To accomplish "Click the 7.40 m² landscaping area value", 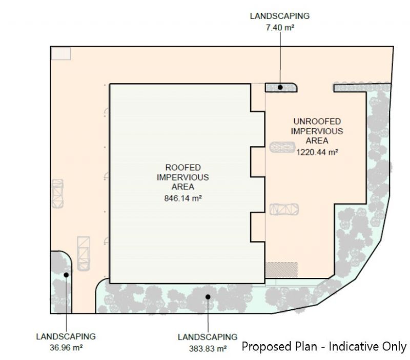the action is pyautogui.click(x=280, y=28).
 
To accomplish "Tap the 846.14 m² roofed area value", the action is pyautogui.click(x=183, y=198).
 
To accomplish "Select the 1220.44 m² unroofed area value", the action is pyautogui.click(x=317, y=152).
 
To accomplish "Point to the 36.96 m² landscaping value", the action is pyautogui.click(x=66, y=348).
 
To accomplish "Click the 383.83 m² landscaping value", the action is pyautogui.click(x=208, y=349).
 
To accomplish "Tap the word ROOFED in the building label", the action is pyautogui.click(x=183, y=168).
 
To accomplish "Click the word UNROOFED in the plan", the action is pyautogui.click(x=317, y=122).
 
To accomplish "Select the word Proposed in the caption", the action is pyautogui.click(x=266, y=347).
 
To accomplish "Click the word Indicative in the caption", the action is pyautogui.click(x=354, y=346).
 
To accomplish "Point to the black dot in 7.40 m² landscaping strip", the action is pyautogui.click(x=280, y=87).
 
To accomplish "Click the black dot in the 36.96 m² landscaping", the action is pyautogui.click(x=66, y=275).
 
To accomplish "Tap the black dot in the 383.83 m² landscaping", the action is pyautogui.click(x=208, y=297).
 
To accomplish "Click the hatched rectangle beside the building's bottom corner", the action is pyautogui.click(x=281, y=270).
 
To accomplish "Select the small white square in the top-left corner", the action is pyautogui.click(x=61, y=54).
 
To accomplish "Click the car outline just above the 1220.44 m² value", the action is pyautogui.click(x=282, y=147).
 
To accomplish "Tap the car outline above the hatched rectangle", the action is pyautogui.click(x=284, y=209).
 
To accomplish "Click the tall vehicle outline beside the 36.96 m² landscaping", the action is pyautogui.click(x=84, y=253).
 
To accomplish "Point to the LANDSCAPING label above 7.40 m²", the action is pyautogui.click(x=280, y=16).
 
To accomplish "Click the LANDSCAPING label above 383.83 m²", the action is pyautogui.click(x=208, y=337).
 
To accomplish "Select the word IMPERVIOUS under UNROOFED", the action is pyautogui.click(x=317, y=131).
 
